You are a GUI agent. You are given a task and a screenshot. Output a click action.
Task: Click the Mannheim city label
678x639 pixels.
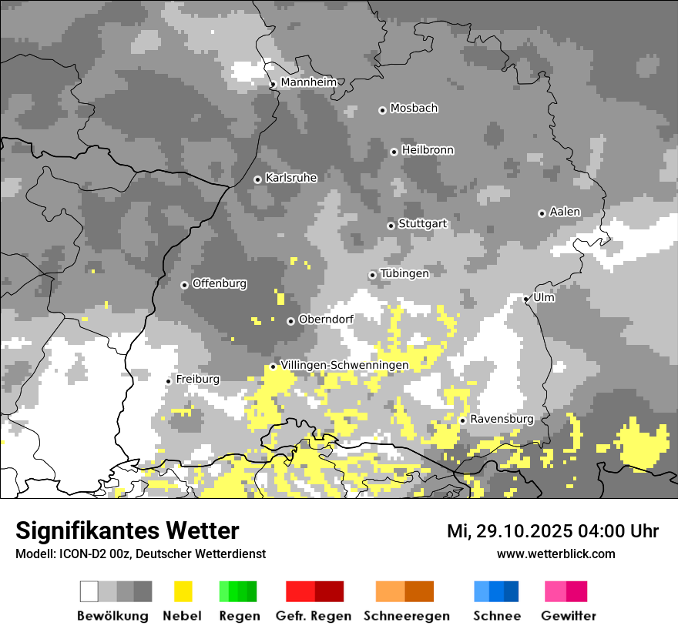[x=308, y=82]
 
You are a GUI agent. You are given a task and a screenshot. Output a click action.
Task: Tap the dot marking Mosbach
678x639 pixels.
[x=382, y=110]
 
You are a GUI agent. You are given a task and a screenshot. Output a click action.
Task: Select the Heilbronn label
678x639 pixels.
[x=428, y=150]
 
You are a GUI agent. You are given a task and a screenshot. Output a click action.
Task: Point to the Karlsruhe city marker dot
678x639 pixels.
[x=257, y=179]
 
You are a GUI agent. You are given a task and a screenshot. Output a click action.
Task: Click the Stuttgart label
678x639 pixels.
[x=422, y=224]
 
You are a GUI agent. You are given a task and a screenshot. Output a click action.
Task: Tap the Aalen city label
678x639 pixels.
[x=565, y=212]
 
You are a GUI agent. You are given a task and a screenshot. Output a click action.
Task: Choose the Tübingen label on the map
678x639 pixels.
[x=404, y=273]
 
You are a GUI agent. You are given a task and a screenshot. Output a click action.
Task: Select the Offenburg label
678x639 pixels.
[x=220, y=283]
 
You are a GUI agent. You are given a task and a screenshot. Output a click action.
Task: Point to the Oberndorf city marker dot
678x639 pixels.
[x=290, y=321]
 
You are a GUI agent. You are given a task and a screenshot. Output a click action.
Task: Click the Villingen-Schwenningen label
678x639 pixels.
[x=344, y=365]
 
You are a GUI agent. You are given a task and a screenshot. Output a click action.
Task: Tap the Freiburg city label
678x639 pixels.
[x=197, y=380]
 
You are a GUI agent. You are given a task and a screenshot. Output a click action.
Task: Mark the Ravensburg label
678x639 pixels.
[x=502, y=419]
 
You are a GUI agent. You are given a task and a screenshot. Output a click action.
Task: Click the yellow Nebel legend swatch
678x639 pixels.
[x=183, y=591]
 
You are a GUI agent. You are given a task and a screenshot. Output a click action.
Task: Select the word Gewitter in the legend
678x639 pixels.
[x=569, y=616]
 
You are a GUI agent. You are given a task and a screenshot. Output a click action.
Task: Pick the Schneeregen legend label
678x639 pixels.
[x=407, y=616]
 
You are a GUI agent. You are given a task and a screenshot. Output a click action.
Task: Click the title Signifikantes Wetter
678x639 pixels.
[x=127, y=530]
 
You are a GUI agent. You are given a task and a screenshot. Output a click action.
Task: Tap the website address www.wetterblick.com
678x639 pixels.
[x=555, y=554]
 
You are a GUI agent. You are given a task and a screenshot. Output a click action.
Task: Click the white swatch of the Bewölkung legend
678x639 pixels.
[x=89, y=591]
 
